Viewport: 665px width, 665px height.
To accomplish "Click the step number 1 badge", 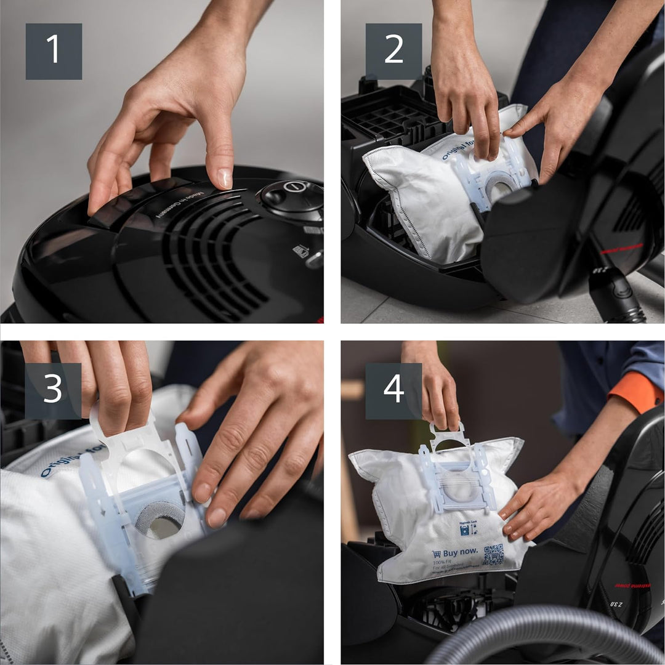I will [x=54, y=51].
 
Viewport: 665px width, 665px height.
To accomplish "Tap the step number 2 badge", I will [x=393, y=51].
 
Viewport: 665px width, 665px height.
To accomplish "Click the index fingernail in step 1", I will [x=225, y=178].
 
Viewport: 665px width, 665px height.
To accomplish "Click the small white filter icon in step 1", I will [x=301, y=251].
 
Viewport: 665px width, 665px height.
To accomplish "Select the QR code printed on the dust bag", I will [x=493, y=554].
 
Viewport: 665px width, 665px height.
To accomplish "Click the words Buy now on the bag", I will [x=460, y=553].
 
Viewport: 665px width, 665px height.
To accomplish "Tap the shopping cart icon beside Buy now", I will [x=436, y=554].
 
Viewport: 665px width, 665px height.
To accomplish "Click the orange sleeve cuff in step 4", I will [x=637, y=390].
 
